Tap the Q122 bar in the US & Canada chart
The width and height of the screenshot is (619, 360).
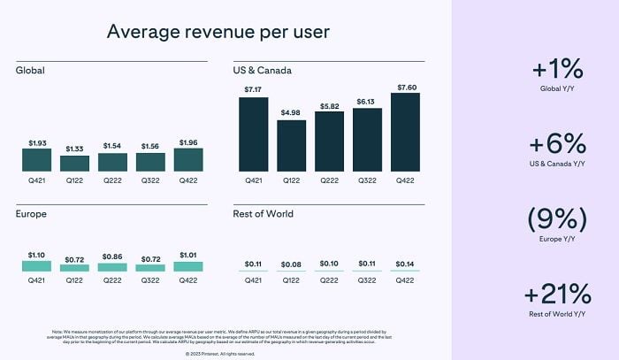coord(291,145)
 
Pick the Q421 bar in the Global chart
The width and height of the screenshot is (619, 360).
coord(36,159)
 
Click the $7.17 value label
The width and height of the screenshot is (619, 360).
coord(253,89)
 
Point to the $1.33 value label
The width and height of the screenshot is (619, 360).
coord(74,149)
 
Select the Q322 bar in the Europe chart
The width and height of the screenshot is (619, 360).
coord(149,266)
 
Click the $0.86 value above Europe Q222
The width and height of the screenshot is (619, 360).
coord(112,256)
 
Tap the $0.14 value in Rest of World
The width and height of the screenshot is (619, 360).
coord(405,264)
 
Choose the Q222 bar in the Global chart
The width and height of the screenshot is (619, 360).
coord(112,162)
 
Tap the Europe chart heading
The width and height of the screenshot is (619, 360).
coord(31,213)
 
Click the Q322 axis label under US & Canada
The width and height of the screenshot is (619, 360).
coord(367,181)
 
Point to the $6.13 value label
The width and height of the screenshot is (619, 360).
coord(367,101)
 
